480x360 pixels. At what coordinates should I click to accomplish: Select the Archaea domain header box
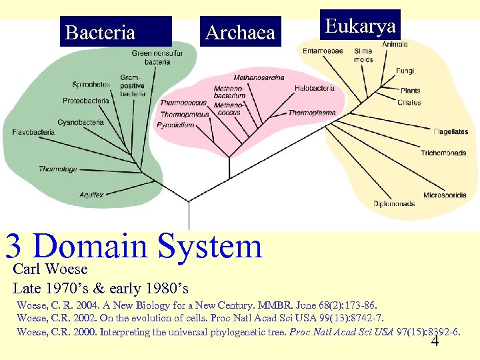click(240, 32)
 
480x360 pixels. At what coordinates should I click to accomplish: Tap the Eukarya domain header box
click(360, 26)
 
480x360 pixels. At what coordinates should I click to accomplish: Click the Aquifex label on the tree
click(91, 195)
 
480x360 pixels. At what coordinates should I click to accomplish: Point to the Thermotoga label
click(57, 169)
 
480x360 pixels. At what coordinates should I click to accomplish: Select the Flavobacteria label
click(33, 132)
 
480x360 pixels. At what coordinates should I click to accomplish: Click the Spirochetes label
click(91, 85)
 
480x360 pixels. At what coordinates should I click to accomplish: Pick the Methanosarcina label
click(259, 78)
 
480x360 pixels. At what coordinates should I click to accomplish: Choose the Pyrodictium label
click(175, 125)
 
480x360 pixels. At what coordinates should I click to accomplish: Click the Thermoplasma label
click(311, 113)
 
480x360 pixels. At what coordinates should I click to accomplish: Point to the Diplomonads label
click(394, 204)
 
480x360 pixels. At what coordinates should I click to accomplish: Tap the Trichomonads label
click(443, 153)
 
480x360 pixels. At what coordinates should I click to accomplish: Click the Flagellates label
click(451, 132)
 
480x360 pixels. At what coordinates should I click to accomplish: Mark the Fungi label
click(405, 71)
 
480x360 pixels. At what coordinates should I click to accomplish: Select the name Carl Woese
click(50, 269)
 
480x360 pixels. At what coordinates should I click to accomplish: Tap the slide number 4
click(435, 342)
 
